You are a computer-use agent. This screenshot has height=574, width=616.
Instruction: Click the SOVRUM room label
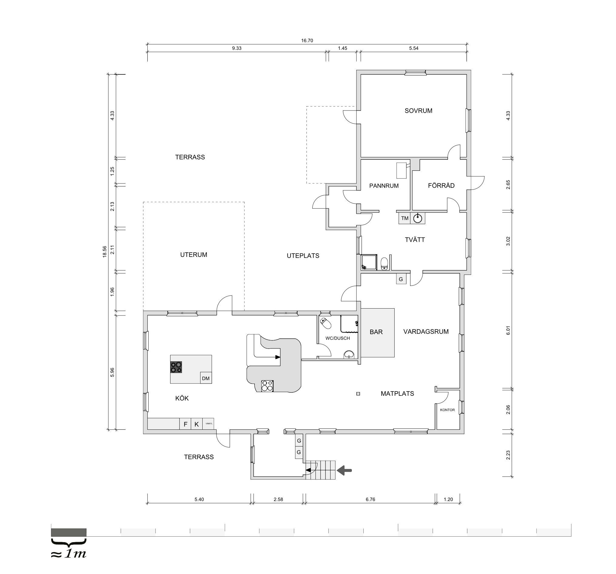pyautogui.click(x=418, y=111)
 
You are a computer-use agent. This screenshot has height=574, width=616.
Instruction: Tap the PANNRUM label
pyautogui.click(x=384, y=186)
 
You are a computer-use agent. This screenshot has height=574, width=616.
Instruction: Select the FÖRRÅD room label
pyautogui.click(x=441, y=186)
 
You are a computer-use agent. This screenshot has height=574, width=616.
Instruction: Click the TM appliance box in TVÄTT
pyautogui.click(x=405, y=218)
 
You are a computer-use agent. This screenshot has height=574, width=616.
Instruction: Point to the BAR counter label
pyautogui.click(x=376, y=332)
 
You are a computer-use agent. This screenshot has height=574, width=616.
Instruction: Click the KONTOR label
pyautogui.click(x=447, y=410)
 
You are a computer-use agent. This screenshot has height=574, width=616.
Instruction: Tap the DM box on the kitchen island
pyautogui.click(x=206, y=378)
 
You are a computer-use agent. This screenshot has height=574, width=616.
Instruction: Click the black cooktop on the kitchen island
pyautogui.click(x=176, y=367)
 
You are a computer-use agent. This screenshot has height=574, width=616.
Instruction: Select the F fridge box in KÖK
pyautogui.click(x=185, y=424)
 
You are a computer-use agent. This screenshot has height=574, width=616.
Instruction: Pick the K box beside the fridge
pyautogui.click(x=197, y=424)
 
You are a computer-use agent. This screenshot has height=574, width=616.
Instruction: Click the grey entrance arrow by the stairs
pyautogui.click(x=345, y=470)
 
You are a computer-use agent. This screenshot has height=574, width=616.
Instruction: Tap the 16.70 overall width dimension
pyautogui.click(x=307, y=41)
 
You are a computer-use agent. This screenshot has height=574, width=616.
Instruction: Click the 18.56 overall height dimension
pyautogui.click(x=105, y=251)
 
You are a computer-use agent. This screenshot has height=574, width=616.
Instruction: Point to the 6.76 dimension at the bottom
pyautogui.click(x=370, y=499)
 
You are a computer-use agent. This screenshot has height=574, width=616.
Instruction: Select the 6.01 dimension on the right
pyautogui.click(x=508, y=330)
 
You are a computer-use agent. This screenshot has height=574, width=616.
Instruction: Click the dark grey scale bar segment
pyautogui.click(x=69, y=532)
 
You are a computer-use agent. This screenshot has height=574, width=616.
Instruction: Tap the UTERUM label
pyautogui.click(x=194, y=255)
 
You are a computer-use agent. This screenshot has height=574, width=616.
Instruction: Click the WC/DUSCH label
pyautogui.click(x=338, y=338)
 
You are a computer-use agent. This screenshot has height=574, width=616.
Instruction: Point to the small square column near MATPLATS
pyautogui.click(x=358, y=394)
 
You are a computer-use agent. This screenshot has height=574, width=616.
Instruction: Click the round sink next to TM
pyautogui.click(x=418, y=218)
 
